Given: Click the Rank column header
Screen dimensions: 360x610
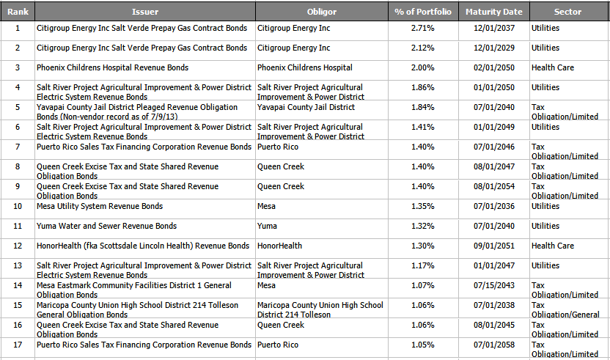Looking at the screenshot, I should pyautogui.click(x=18, y=12).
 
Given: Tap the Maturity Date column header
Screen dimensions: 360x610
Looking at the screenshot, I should pyautogui.click(x=493, y=12).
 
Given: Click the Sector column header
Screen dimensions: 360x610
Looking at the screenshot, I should pyautogui.click(x=567, y=12).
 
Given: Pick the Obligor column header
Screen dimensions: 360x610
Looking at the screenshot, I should pyautogui.click(x=321, y=12).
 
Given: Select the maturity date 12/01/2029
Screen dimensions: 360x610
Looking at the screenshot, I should pyautogui.click(x=493, y=48).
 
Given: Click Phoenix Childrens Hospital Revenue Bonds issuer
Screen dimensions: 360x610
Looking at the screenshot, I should pyautogui.click(x=112, y=68).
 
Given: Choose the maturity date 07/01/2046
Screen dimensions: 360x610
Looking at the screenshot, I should pyautogui.click(x=493, y=147).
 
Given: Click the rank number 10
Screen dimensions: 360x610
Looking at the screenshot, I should pyautogui.click(x=18, y=207).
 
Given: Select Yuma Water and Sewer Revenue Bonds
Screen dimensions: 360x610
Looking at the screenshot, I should pyautogui.click(x=106, y=227).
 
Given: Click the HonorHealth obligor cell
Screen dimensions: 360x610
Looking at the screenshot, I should pyautogui.click(x=279, y=246).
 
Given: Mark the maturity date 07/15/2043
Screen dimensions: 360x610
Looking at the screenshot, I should pyautogui.click(x=493, y=286).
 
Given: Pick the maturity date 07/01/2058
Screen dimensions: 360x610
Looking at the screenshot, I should pyautogui.click(x=493, y=345).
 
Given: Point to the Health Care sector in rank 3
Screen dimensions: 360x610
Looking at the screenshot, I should pyautogui.click(x=553, y=68).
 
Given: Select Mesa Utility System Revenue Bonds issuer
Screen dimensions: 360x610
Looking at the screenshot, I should pyautogui.click(x=100, y=207).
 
